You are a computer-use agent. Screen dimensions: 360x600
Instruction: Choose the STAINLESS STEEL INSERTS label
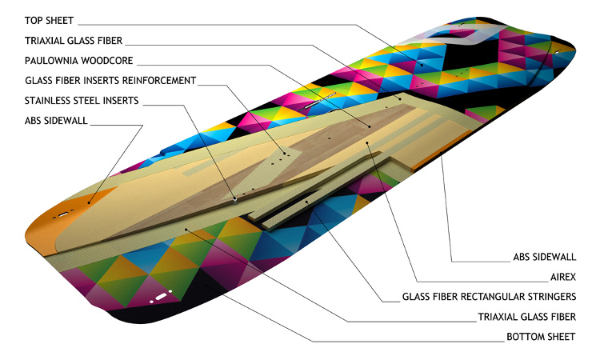point(82,101)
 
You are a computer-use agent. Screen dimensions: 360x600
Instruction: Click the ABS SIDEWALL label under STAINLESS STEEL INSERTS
point(57,122)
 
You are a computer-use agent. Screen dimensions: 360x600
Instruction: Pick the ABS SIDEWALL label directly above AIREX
point(544,258)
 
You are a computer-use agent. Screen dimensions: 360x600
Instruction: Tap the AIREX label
point(559,277)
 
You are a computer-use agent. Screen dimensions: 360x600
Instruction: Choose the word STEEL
point(94,101)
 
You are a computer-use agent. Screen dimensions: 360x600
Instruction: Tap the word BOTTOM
point(524,337)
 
